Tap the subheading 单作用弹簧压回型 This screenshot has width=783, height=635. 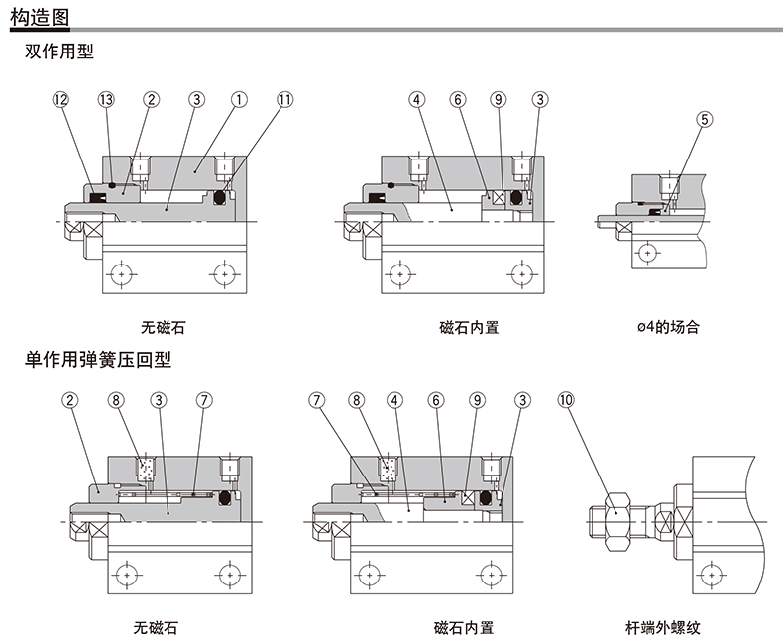click(x=98, y=359)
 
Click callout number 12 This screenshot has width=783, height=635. click(x=61, y=99)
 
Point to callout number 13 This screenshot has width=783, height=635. click(x=107, y=99)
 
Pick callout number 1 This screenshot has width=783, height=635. click(x=239, y=99)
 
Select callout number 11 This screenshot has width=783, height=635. click(x=285, y=99)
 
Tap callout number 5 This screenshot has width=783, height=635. click(x=705, y=119)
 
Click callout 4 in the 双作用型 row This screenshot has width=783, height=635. click(x=417, y=99)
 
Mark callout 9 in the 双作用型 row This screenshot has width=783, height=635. click(x=498, y=99)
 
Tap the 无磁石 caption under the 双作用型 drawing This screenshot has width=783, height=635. click(x=164, y=326)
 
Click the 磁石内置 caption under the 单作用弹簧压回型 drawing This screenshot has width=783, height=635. click(x=464, y=626)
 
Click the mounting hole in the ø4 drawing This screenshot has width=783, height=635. click(x=649, y=254)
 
